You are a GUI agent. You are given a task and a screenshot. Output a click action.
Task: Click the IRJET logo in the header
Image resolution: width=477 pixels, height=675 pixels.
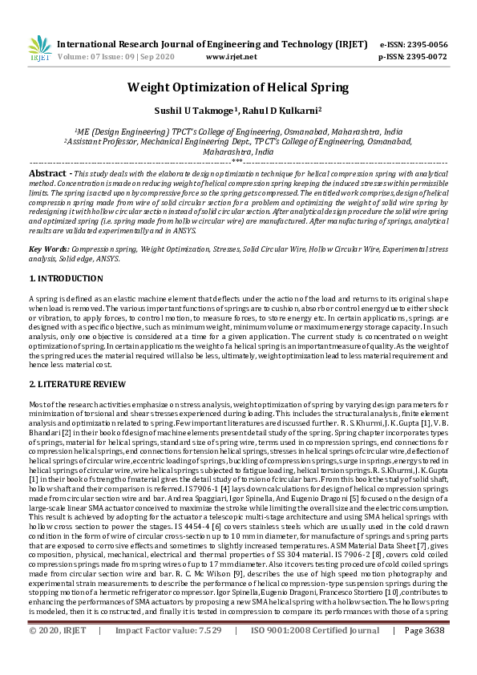click(38, 48)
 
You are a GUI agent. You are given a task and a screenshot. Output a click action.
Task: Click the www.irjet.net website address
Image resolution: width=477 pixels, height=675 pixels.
click(232, 57)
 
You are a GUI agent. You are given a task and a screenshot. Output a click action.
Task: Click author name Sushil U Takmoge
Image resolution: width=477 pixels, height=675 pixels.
click(203, 110)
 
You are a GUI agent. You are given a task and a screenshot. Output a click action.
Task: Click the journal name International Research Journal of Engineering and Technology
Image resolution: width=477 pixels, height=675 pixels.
click(200, 45)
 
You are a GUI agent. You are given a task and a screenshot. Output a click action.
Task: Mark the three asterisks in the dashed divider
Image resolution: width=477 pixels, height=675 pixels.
click(237, 161)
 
